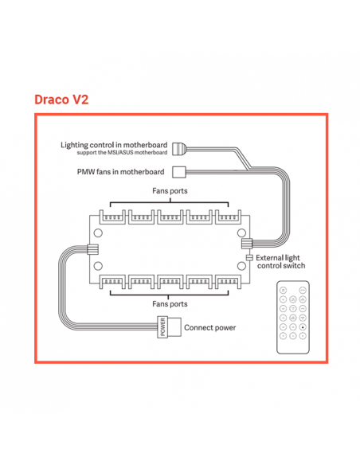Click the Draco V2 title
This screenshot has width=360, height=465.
61,100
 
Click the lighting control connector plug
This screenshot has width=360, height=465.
179,148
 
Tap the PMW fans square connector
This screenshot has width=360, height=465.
179,172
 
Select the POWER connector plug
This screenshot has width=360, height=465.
169,327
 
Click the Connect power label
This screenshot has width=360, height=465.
210,328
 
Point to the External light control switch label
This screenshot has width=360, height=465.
280,261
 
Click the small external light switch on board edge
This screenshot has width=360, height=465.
249,258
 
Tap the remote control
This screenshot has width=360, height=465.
293,317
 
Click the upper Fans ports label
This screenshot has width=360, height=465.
170,190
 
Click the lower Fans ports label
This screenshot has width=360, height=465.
170,304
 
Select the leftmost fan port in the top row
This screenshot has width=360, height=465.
112,217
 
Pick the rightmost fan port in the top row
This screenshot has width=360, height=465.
228,217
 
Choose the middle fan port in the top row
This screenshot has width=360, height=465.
170,217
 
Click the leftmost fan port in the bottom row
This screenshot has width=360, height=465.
112,282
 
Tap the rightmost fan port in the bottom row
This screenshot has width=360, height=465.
228,282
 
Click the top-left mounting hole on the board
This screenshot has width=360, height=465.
98,233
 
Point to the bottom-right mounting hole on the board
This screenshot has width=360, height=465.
241,266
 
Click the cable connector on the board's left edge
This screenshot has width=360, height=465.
92,249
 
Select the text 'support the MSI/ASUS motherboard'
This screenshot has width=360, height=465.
122,153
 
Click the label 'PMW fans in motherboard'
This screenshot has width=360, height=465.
121,172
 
